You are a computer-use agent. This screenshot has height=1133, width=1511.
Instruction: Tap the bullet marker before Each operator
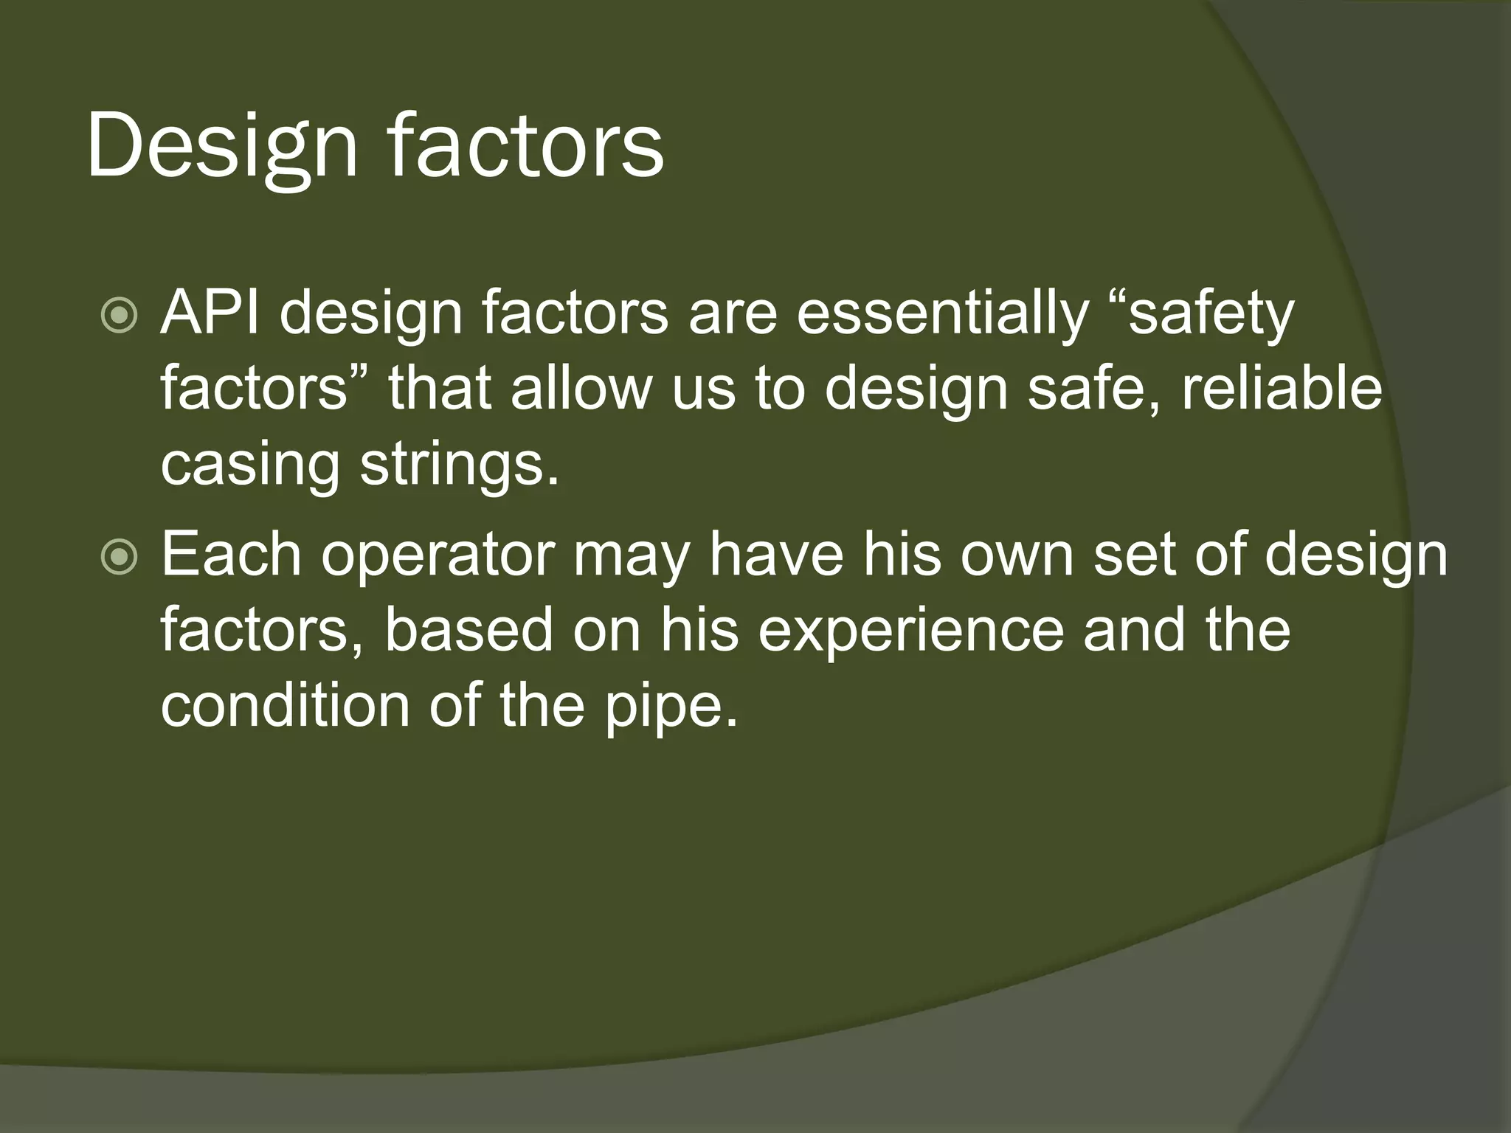[x=119, y=558]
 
